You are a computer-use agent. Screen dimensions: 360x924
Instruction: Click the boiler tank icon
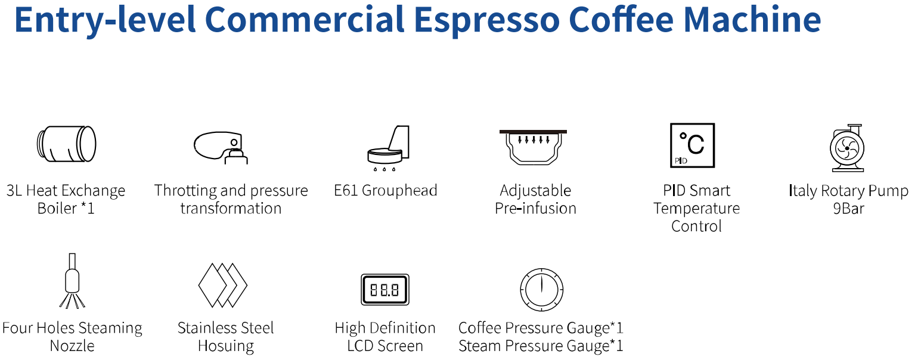point(66,144)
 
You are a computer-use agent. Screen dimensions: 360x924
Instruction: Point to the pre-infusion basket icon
point(533,147)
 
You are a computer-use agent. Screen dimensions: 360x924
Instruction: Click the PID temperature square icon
point(692,145)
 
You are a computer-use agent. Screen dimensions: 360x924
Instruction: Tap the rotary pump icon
point(847,148)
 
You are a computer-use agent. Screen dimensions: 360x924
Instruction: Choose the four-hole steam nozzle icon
point(72,281)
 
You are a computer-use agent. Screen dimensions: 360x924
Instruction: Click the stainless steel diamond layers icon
point(222,285)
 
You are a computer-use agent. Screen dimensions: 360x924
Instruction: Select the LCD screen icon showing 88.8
point(385,290)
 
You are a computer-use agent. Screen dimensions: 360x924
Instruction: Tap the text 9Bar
point(848,209)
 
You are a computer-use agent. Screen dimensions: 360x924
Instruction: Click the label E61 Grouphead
point(386,191)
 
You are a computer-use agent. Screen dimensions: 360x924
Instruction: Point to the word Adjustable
point(535,191)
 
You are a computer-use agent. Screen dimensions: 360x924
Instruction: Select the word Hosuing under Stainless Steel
point(225,346)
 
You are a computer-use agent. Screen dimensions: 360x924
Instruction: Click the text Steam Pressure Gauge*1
point(541,346)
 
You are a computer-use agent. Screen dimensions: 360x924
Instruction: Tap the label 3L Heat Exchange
point(66,191)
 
